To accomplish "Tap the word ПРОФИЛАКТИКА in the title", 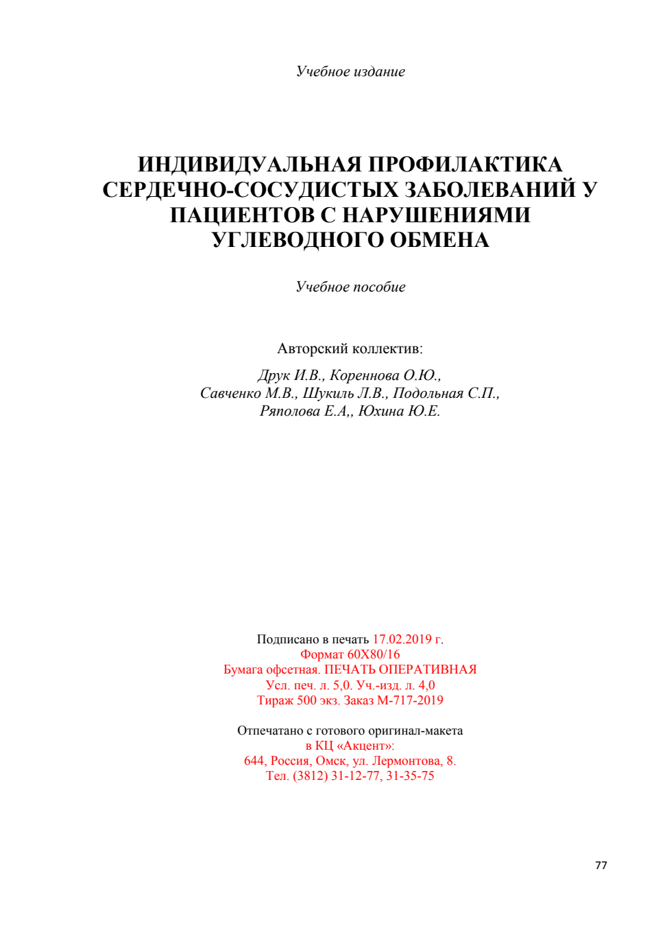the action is click(465, 165).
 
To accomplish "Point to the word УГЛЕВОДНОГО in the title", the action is click(298, 240).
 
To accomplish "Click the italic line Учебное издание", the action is click(350, 71).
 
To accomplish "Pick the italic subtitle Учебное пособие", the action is click(350, 287).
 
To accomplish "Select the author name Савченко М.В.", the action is click(248, 393).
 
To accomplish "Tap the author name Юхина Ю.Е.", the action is click(399, 411).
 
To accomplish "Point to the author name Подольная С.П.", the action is click(446, 393).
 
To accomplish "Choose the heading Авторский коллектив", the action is click(350, 348).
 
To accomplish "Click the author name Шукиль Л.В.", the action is click(346, 393).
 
